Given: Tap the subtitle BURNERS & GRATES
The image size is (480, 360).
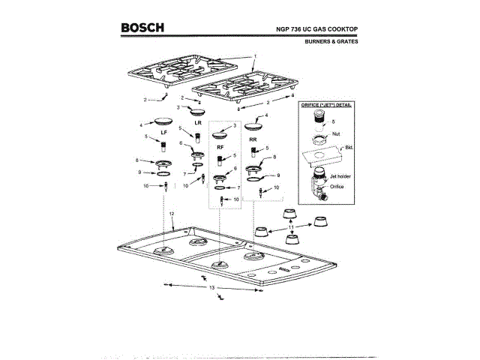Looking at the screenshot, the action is tap(331, 42).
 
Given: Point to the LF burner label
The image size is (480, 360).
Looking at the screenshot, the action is tap(163, 131).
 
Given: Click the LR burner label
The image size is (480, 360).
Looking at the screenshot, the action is tap(198, 121).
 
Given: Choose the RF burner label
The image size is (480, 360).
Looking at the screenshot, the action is tap(220, 148).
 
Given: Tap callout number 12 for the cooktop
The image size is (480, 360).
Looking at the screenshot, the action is tap(172, 214).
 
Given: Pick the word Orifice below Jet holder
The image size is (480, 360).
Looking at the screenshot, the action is tap(335, 186).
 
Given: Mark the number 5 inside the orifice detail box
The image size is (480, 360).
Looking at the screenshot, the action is tap(333, 120).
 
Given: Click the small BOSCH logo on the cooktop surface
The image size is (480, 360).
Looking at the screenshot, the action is tap(283, 268).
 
